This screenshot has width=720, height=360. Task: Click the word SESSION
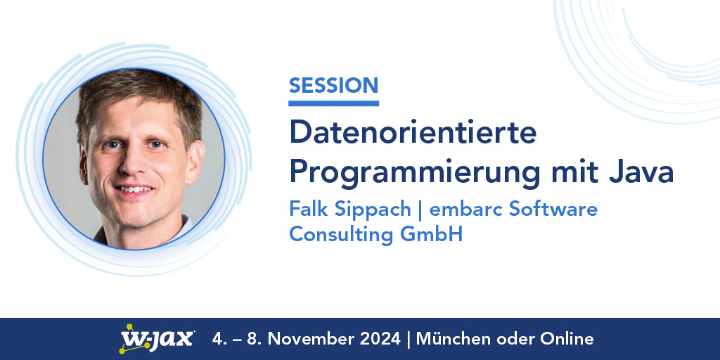[x=333, y=86]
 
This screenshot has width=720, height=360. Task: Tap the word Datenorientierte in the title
[x=413, y=132]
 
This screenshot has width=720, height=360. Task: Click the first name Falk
[x=308, y=209]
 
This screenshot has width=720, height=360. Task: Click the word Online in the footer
[x=567, y=339]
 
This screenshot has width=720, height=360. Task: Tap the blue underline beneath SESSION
[x=333, y=103]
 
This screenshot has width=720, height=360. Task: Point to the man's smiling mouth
[x=134, y=190]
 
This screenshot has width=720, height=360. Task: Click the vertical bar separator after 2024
[x=409, y=339]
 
